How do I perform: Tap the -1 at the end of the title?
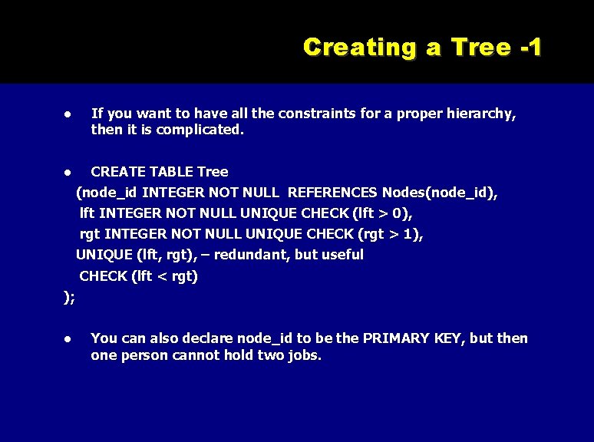[x=530, y=47]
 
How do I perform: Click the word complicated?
[x=200, y=130]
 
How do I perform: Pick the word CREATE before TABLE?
[x=116, y=171]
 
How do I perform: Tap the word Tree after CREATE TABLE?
[x=213, y=171]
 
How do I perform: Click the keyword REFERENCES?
[x=332, y=193]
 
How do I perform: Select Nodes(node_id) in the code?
[x=440, y=193]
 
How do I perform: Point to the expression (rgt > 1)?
[x=390, y=234]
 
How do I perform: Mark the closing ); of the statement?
[x=69, y=298]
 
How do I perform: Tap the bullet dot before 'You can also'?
[x=68, y=339]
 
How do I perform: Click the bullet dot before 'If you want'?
[x=68, y=114]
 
